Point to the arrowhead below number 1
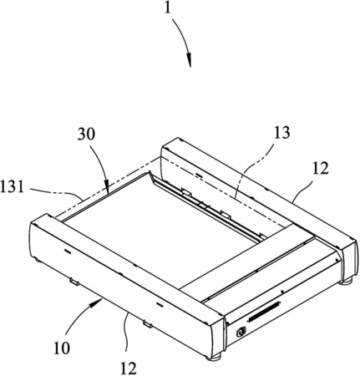point(189,59)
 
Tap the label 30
point(87,135)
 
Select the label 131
point(12,187)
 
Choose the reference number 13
point(281,133)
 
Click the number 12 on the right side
point(320,168)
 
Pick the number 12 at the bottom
point(129,368)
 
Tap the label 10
point(62,348)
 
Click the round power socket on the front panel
point(241,332)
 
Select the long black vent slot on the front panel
point(263,312)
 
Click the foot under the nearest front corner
point(215,356)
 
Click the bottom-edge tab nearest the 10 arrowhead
point(74,282)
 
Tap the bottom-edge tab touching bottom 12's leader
point(148,323)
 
